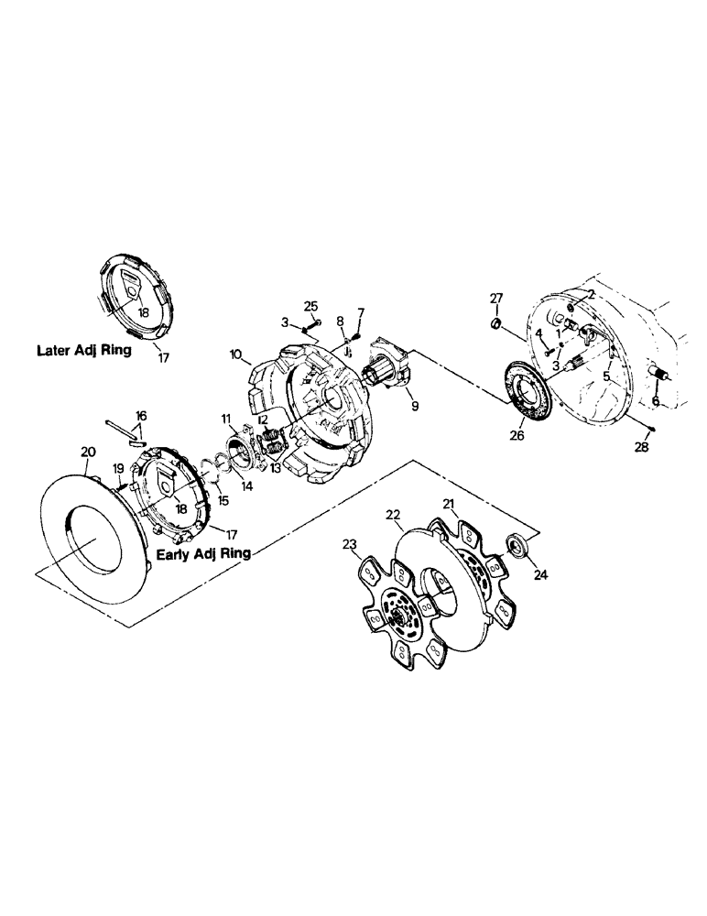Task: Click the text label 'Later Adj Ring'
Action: tap(83, 350)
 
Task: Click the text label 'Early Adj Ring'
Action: tap(202, 554)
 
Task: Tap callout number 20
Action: tap(88, 452)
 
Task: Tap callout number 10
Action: tap(235, 354)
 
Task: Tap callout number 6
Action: tap(655, 400)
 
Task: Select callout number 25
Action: tap(310, 305)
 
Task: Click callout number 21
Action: tap(449, 505)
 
